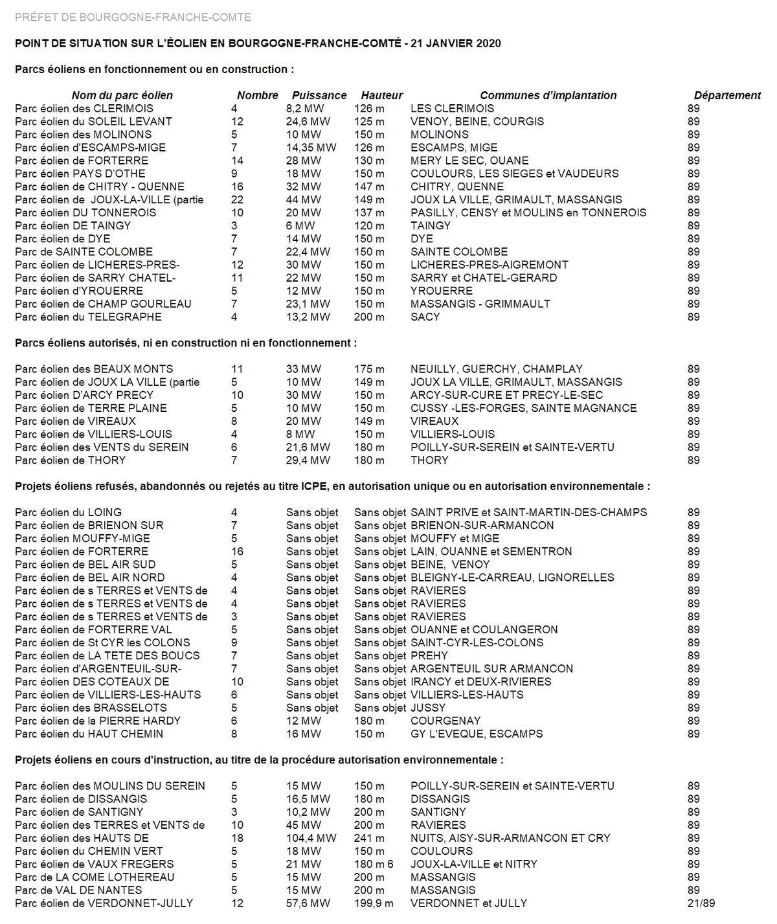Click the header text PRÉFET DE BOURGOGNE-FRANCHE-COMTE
133,17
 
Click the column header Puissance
319,95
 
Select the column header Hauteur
382,95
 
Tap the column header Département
727,95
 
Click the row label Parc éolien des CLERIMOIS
84,108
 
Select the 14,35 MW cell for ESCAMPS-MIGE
311,148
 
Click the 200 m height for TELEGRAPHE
369,317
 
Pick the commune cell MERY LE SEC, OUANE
469,161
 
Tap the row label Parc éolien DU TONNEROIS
85,212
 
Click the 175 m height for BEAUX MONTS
369,369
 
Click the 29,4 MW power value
308,460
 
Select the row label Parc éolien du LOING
68,512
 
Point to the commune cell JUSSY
428,708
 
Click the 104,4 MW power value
311,838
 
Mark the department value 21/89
701,903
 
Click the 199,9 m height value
374,903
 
